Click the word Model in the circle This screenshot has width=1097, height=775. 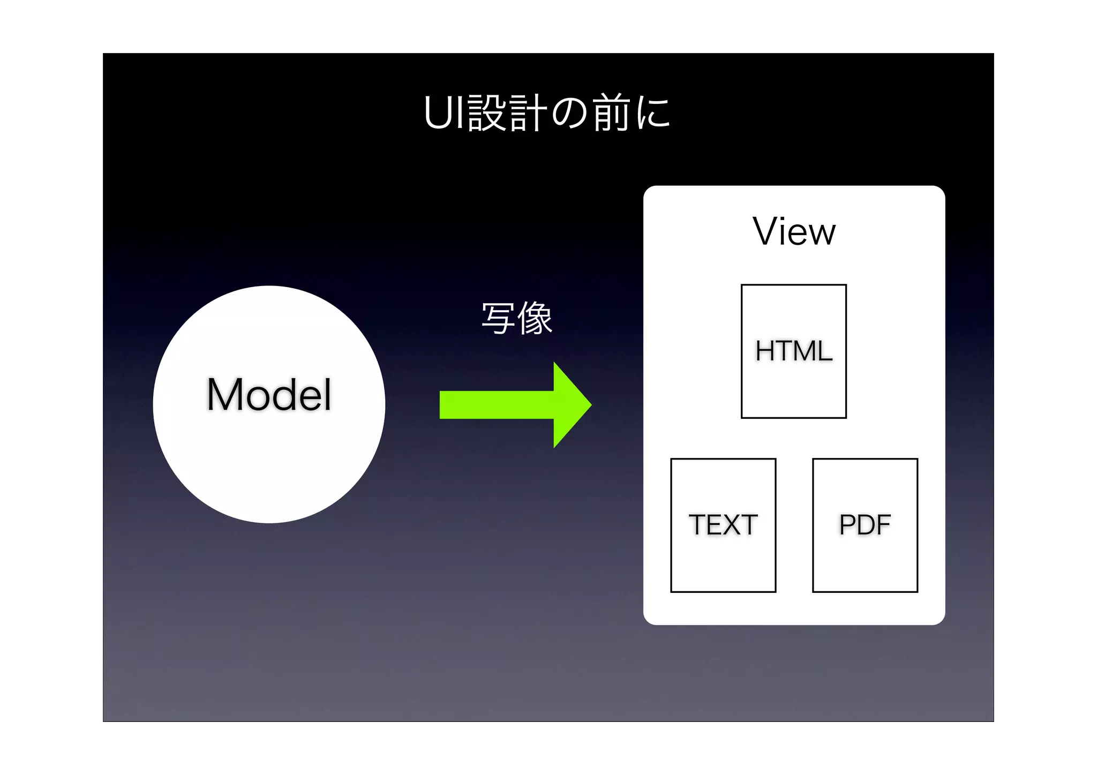(269, 395)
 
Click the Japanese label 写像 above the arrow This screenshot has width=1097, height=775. (516, 319)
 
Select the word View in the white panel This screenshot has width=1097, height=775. (794, 232)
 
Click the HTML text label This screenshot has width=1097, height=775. (794, 351)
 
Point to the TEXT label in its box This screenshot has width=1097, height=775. (723, 525)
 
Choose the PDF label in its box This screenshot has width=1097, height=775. (865, 525)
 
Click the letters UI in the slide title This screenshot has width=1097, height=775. (444, 113)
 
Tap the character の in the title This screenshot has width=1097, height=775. (569, 114)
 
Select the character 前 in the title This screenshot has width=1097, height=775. (612, 113)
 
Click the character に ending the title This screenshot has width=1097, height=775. (653, 114)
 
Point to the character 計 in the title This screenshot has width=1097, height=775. (528, 113)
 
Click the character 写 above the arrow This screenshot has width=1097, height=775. (498, 319)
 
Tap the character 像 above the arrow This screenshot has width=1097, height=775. (535, 319)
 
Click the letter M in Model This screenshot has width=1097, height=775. (225, 395)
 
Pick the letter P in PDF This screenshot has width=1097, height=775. (848, 525)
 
